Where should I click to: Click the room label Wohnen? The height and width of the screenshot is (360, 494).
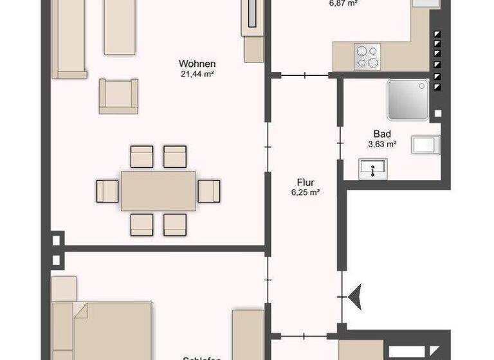point(197,64)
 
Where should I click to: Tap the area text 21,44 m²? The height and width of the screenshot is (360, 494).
point(197,73)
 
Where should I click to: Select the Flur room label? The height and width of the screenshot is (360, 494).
point(305,182)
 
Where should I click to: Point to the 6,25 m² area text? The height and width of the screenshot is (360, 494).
point(306,192)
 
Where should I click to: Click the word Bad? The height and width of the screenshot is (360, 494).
point(382,134)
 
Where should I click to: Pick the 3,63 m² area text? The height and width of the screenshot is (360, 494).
point(382,144)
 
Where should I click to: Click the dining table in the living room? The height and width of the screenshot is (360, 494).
point(159,190)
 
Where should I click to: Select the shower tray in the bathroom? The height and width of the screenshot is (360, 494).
point(408,100)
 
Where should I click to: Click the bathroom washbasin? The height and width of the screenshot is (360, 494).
point(372,168)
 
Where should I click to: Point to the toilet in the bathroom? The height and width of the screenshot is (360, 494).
point(426,145)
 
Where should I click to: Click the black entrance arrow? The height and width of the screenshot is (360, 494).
point(354,296)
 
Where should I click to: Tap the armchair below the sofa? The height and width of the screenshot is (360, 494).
point(118,96)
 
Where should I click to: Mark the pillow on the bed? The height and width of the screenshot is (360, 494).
point(80,312)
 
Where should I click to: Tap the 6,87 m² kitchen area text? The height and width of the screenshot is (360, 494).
point(343,3)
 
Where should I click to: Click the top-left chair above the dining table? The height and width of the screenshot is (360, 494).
point(142,157)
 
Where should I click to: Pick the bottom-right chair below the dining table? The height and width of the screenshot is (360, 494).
point(174,224)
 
